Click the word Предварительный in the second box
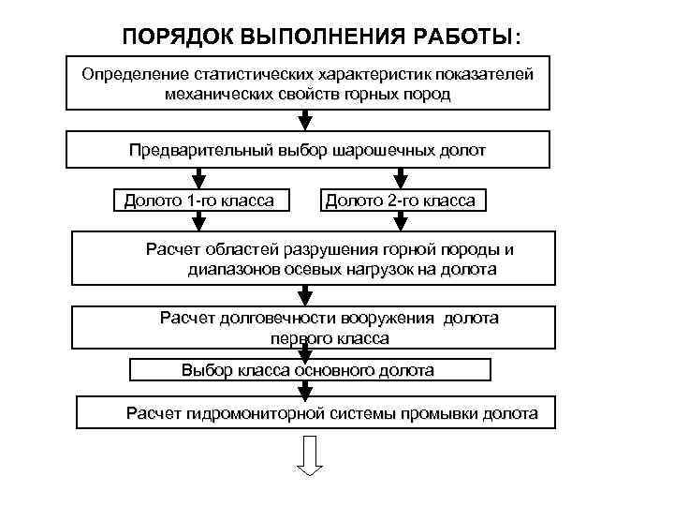pos(198,149)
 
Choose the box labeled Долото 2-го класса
pos(400,201)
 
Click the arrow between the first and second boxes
pos(303,121)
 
